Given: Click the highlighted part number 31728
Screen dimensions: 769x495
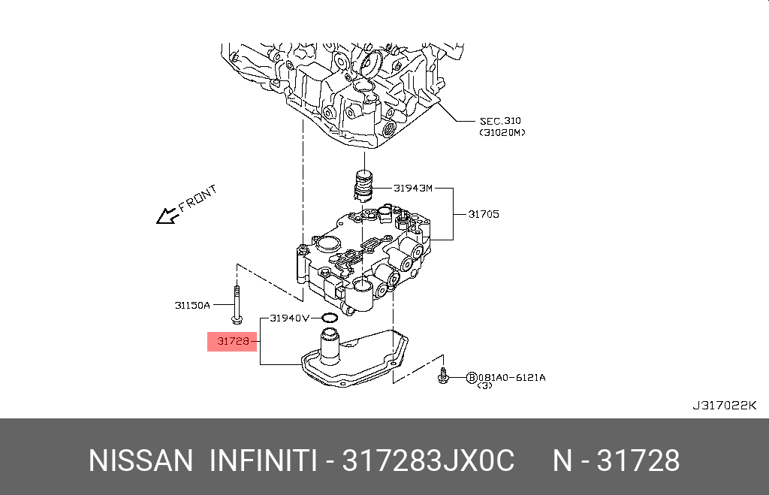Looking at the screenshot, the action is [x=234, y=341].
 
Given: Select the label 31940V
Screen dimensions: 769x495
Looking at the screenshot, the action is [x=289, y=318].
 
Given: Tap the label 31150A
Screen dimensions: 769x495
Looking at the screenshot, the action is [x=192, y=305].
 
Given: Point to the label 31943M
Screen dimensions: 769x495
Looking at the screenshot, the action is [x=413, y=188].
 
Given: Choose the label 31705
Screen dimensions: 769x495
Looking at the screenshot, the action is [x=484, y=214].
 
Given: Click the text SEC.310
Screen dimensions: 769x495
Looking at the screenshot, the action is [x=500, y=121].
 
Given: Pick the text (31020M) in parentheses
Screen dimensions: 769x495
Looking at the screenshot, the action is [x=502, y=132].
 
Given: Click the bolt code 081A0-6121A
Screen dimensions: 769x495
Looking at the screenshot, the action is [x=511, y=377].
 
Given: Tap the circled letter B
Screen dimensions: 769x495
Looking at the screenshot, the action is [x=472, y=377].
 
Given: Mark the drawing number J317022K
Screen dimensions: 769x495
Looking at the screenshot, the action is [x=725, y=405].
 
